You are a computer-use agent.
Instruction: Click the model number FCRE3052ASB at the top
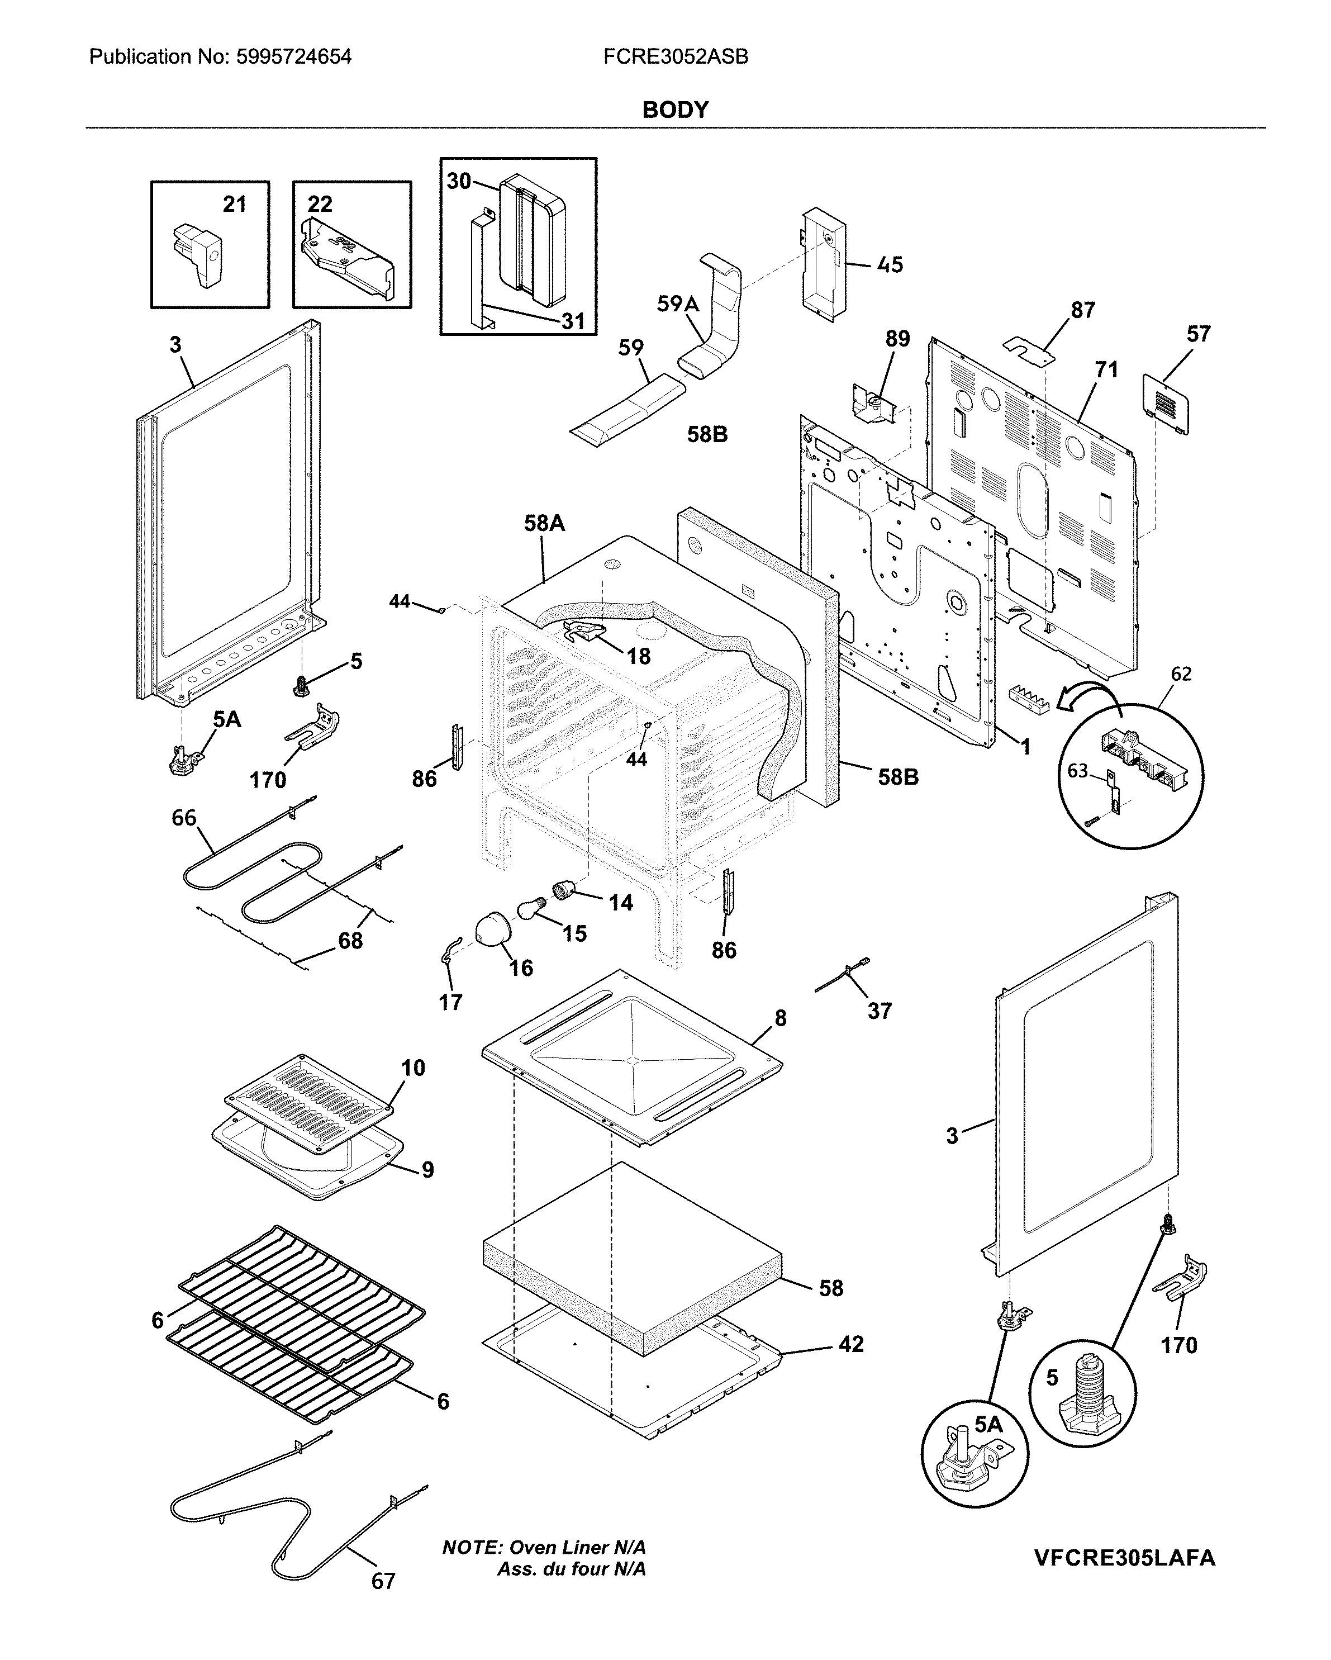coord(675,57)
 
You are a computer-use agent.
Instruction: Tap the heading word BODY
coord(675,110)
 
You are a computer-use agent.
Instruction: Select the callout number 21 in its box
coord(234,204)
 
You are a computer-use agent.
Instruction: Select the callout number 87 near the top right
coord(1082,310)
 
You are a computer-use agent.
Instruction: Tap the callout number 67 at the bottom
coord(383,1581)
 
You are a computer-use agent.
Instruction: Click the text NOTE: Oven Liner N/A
coord(544,1547)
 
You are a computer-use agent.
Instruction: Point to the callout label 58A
coord(544,524)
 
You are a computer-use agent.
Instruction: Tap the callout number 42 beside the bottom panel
coord(850,1344)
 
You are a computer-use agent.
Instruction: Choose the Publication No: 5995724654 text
coord(220,57)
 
